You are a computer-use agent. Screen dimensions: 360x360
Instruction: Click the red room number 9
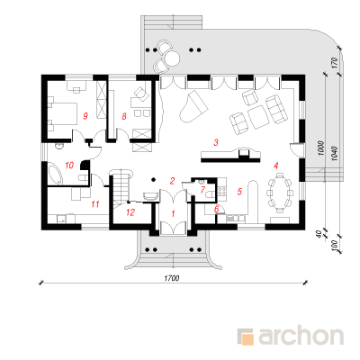(x=85, y=116)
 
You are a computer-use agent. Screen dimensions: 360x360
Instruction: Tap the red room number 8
(x=124, y=116)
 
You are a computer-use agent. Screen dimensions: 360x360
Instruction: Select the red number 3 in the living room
(x=216, y=142)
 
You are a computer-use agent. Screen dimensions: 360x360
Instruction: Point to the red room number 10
(x=69, y=165)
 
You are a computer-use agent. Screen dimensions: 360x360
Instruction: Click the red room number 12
(x=130, y=212)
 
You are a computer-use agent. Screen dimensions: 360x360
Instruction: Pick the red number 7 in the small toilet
(x=202, y=190)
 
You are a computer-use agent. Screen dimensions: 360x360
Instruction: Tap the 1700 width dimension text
(x=172, y=278)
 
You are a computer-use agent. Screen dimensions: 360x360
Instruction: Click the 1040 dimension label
(x=335, y=153)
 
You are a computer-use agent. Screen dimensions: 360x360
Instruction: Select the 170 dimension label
(x=335, y=62)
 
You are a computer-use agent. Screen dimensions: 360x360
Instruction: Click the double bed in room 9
(x=62, y=114)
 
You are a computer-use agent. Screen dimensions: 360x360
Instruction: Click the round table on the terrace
(x=172, y=58)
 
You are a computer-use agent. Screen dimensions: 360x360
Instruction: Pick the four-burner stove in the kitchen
(x=221, y=191)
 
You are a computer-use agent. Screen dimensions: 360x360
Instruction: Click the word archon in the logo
(x=301, y=336)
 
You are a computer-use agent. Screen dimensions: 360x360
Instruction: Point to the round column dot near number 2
(x=154, y=179)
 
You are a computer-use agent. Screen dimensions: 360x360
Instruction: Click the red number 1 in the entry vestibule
(x=173, y=213)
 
